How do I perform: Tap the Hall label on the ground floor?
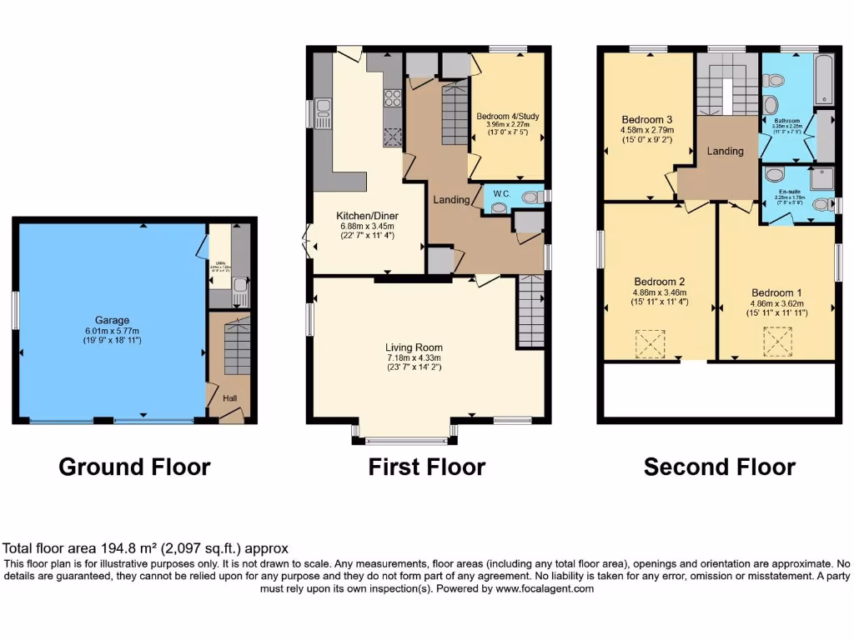[x=229, y=399]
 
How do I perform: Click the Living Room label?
[x=414, y=347]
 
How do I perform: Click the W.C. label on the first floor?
[x=501, y=194]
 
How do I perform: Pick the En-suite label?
[x=787, y=190]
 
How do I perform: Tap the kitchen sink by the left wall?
[x=323, y=112]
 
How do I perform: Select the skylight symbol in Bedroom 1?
[x=776, y=341]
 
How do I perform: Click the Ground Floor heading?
[x=134, y=467]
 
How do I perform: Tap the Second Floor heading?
[x=719, y=467]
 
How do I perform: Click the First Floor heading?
[x=426, y=467]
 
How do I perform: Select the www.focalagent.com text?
[x=544, y=588]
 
